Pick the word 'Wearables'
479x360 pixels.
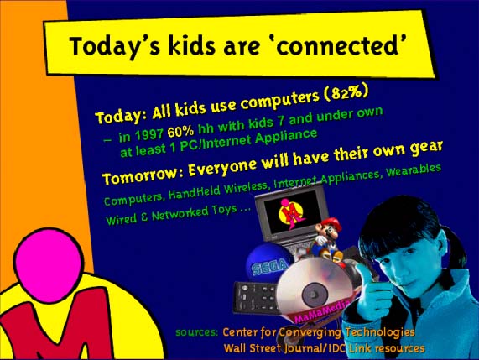(x=414, y=170)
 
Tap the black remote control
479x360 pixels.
(x=257, y=297)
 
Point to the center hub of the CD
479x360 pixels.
(x=315, y=295)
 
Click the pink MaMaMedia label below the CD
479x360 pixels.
(x=321, y=311)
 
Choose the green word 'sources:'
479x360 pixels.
(x=197, y=332)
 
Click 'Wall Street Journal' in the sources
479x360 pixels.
(x=272, y=349)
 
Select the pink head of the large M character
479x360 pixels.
(x=49, y=265)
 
